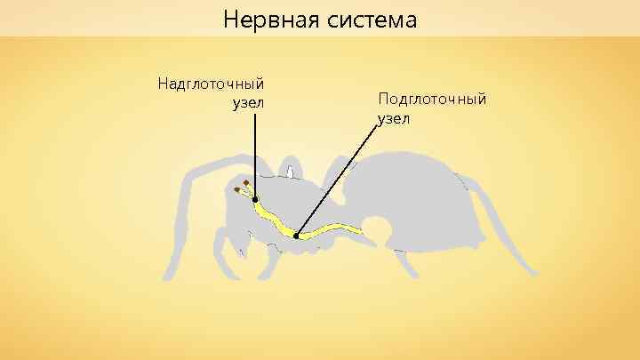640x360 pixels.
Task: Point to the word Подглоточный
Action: pyautogui.click(x=432, y=98)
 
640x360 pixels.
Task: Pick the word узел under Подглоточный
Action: pyautogui.click(x=394, y=117)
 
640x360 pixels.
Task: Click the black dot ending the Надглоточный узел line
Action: pyautogui.click(x=255, y=200)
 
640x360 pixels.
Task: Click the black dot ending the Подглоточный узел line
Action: pyautogui.click(x=296, y=236)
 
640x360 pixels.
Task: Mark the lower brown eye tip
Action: pyautogui.click(x=236, y=191)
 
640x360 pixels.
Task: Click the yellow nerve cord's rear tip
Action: pyautogui.click(x=362, y=231)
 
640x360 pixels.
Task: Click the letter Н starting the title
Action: pyautogui.click(x=230, y=18)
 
